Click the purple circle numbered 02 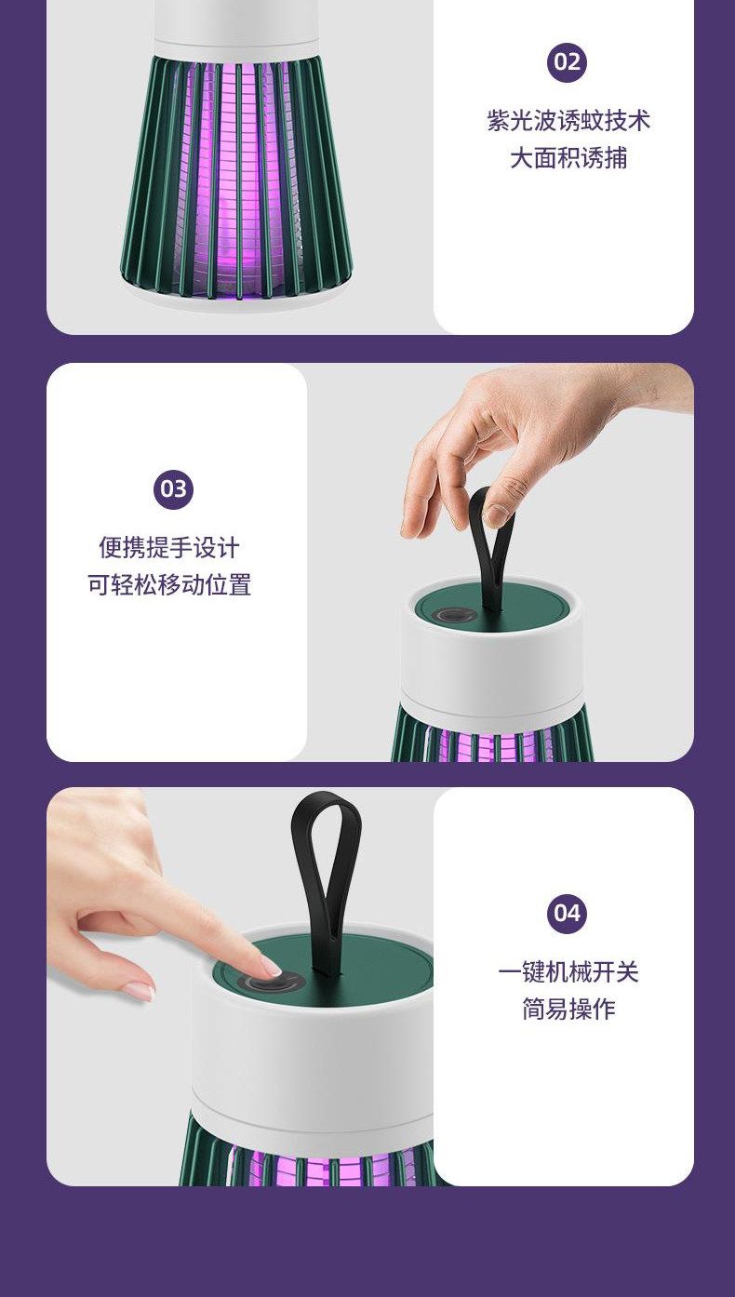567,62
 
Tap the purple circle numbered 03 173,488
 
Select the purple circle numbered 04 567,913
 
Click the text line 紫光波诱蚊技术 568,120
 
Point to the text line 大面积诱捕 568,157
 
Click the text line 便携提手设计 169,547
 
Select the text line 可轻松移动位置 169,584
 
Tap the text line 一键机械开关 568,971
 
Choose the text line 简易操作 568,1009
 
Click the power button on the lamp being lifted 448,616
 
